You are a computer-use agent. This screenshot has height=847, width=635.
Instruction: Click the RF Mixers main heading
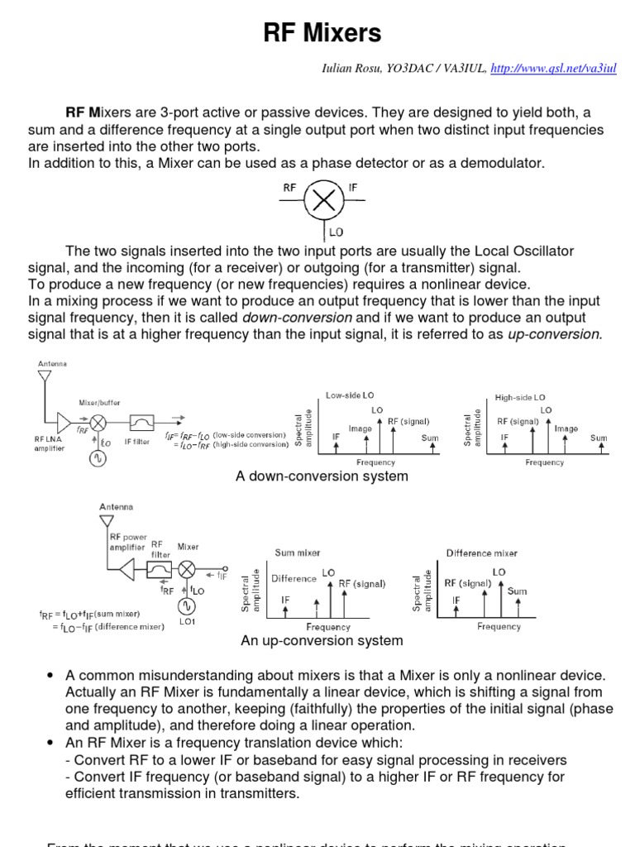coord(322,33)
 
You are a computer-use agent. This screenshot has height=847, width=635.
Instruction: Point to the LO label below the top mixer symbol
coord(337,232)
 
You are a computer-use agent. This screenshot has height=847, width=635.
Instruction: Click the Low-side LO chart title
coord(350,396)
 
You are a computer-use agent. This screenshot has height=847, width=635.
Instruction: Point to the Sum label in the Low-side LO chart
coord(430,438)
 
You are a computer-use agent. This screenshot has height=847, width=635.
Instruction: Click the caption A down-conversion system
coord(322,476)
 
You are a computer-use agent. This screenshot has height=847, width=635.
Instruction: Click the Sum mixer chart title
coord(298,553)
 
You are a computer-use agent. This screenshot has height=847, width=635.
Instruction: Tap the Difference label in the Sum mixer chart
coord(294,579)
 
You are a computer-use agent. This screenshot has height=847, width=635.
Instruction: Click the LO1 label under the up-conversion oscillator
coord(186,621)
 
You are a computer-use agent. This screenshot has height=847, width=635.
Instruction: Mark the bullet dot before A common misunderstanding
coord(52,677)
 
